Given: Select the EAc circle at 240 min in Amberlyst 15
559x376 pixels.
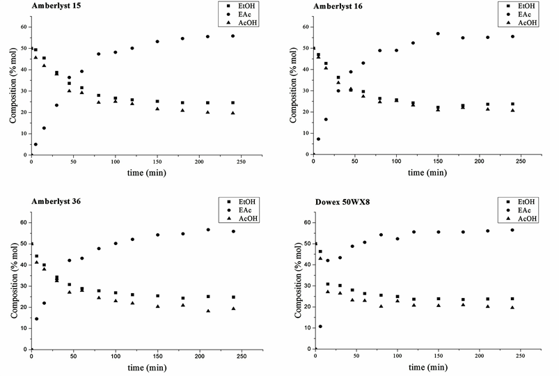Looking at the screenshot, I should coord(233,36).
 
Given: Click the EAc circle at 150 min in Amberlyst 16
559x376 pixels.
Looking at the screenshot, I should coord(438,33).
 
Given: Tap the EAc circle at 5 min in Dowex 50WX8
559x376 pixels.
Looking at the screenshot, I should coord(320,326).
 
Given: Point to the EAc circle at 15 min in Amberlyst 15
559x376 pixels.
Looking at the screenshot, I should coord(44,128).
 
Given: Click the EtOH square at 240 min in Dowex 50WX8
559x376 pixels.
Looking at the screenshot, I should coord(513,299).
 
